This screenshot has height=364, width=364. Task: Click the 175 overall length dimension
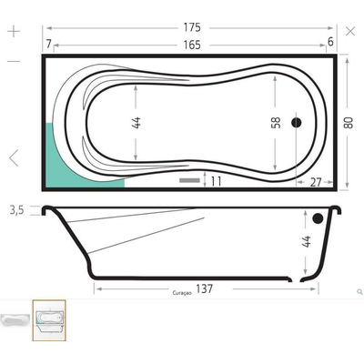pyautogui.click(x=189, y=27)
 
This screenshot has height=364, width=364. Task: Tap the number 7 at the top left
pyautogui.click(x=46, y=44)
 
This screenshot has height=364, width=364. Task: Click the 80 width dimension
pyautogui.click(x=347, y=122)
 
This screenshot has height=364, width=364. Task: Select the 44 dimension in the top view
pyautogui.click(x=136, y=122)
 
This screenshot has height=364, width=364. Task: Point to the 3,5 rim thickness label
pyautogui.click(x=15, y=211)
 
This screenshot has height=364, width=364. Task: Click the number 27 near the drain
pyautogui.click(x=316, y=182)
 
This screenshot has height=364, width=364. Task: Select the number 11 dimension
pyautogui.click(x=216, y=181)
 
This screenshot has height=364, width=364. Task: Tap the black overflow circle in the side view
pyautogui.click(x=317, y=218)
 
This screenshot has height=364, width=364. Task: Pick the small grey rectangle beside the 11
pyautogui.click(x=189, y=181)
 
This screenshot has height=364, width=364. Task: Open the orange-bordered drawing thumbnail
pyautogui.click(x=48, y=320)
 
